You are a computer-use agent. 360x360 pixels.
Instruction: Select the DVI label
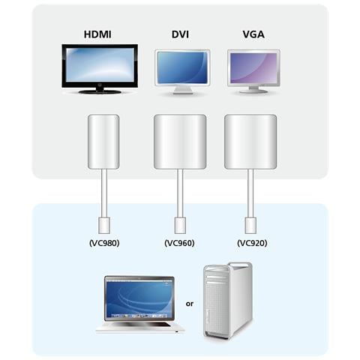pos(179,34)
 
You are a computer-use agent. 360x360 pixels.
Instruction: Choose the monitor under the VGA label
pos(253,69)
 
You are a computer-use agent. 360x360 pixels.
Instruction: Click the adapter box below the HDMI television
pos(104,141)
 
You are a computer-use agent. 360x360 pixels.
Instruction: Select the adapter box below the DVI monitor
pos(179,141)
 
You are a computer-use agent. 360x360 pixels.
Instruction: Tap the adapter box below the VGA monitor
pos(250,141)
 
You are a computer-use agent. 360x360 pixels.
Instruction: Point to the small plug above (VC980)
pos(104,223)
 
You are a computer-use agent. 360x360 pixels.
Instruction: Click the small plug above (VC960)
pos(179,223)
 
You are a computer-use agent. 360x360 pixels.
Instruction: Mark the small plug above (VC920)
pos(250,223)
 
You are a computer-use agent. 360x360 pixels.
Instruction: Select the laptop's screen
pos(139,298)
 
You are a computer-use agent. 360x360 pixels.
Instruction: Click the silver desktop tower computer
pos(228,299)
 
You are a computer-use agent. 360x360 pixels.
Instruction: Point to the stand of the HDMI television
pos(100,90)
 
